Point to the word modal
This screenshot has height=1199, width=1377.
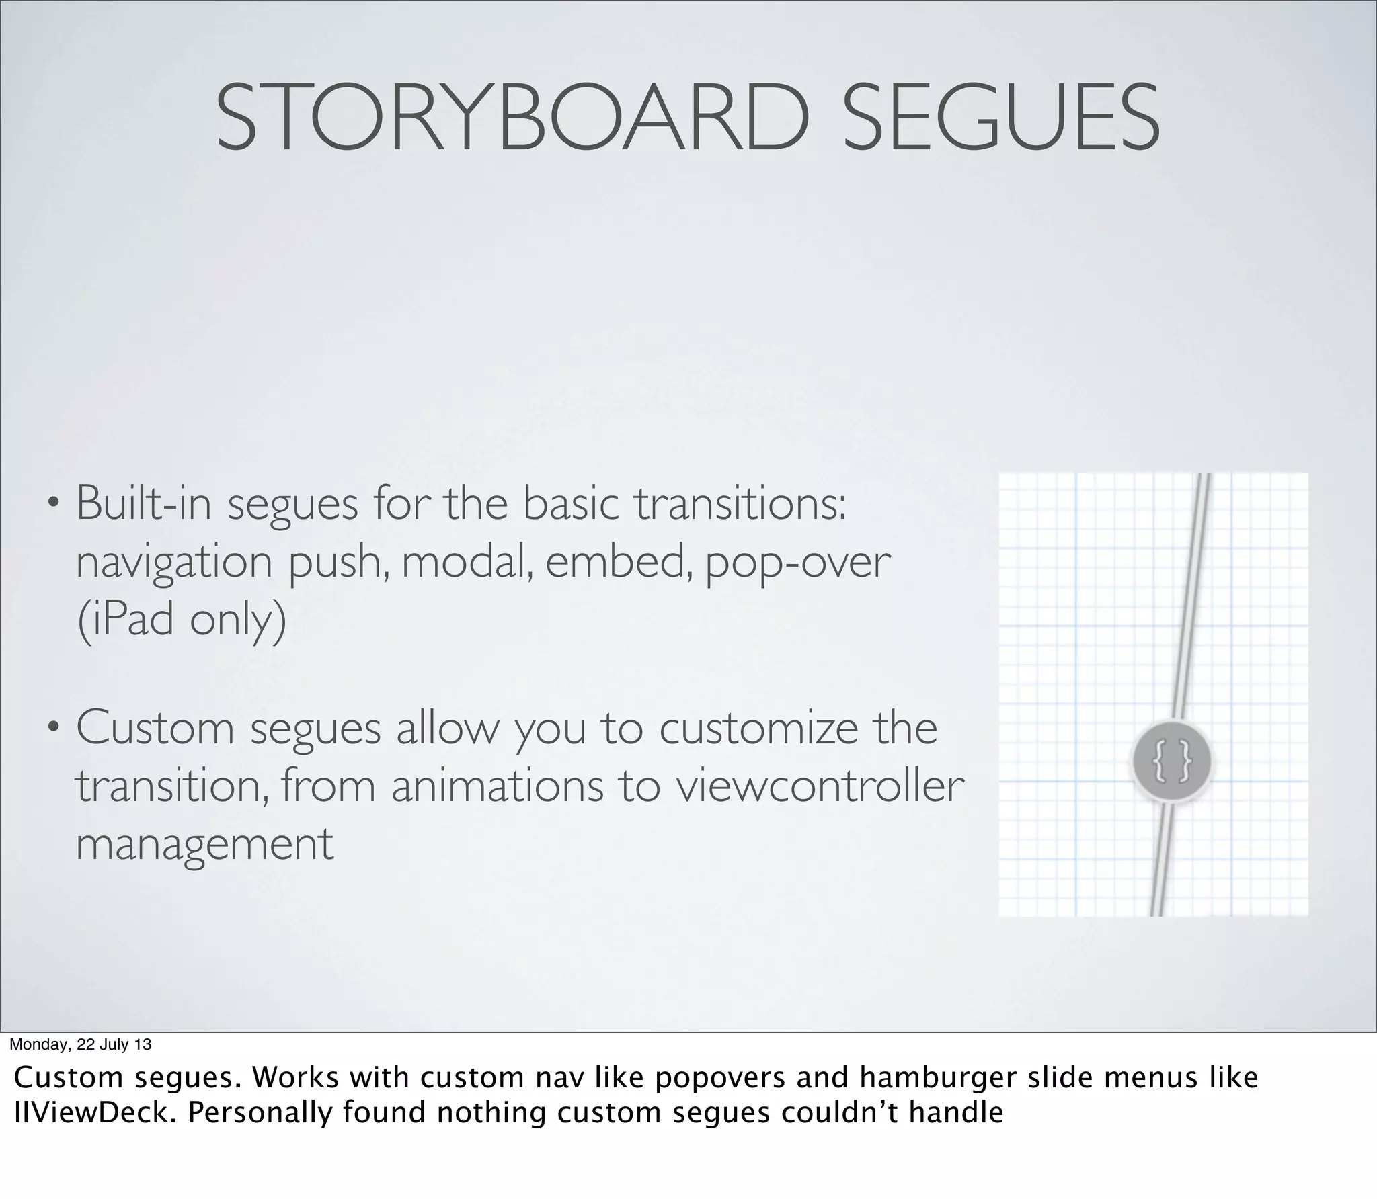click(463, 562)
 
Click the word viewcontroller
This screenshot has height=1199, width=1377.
click(820, 786)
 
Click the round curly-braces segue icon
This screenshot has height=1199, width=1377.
click(1172, 761)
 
